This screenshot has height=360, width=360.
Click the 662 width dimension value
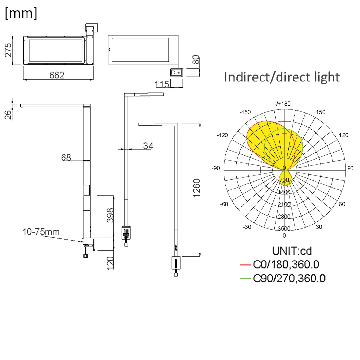pos(57,75)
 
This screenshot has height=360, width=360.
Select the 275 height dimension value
pos(8,50)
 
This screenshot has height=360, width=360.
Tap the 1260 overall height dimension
pos(196,188)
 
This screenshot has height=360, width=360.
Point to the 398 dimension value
pos(110,215)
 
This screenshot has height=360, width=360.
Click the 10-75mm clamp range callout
pos(41,232)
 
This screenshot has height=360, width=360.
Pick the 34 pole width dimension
pos(148,146)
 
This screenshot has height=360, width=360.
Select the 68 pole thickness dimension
pos(66,157)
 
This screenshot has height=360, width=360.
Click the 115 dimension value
pos(162,84)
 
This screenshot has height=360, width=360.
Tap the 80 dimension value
pos(196,60)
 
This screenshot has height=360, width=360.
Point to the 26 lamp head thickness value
pos(8,114)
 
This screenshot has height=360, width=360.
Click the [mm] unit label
pos(21,14)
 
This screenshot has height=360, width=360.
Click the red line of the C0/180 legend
pos(245,264)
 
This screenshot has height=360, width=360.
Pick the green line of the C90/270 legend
pos(245,279)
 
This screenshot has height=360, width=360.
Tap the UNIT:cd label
pos(292,251)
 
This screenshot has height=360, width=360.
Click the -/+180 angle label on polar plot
pos(283,104)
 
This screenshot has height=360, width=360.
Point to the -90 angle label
pos(216,168)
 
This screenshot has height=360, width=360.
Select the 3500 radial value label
pos(284,228)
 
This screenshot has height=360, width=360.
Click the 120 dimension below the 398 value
pos(110,263)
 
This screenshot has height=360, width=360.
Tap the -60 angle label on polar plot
pos(224,204)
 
